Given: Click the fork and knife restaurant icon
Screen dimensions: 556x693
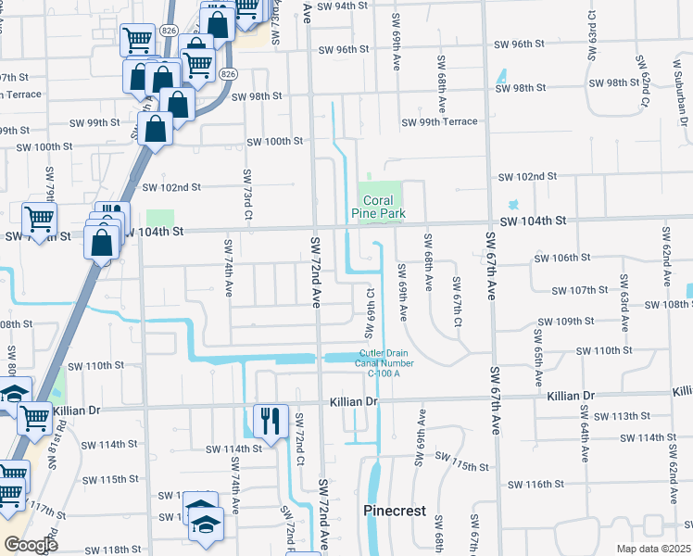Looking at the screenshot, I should [271, 422].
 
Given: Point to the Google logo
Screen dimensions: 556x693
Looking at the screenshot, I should [31, 544].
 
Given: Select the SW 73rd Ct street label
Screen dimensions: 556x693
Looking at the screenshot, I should [247, 189].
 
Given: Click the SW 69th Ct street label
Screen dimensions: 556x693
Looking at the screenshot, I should [370, 307].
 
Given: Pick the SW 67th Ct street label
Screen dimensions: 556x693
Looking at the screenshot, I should [456, 301].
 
